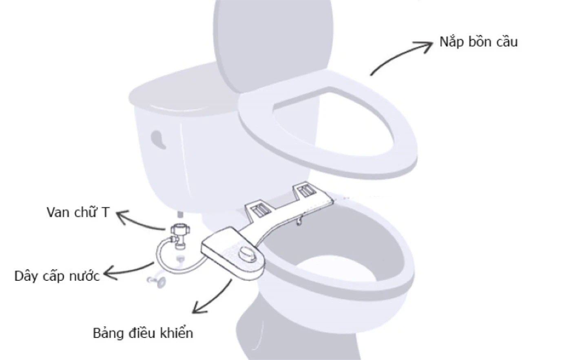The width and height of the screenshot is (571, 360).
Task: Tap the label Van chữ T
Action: click(x=78, y=212)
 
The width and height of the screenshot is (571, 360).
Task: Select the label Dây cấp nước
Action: click(x=57, y=276)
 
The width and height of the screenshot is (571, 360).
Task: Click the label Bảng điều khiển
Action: click(x=143, y=333)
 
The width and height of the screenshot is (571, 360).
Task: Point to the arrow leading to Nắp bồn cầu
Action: click(x=400, y=56)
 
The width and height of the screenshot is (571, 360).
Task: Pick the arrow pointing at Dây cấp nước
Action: click(x=127, y=271)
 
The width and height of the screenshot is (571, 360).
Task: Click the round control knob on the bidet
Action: click(x=247, y=253)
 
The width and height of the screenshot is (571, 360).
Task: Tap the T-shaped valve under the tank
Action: click(x=180, y=236)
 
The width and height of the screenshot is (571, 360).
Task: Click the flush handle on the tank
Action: click(x=158, y=139)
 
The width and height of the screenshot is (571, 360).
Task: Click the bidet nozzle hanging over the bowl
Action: click(x=299, y=220)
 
